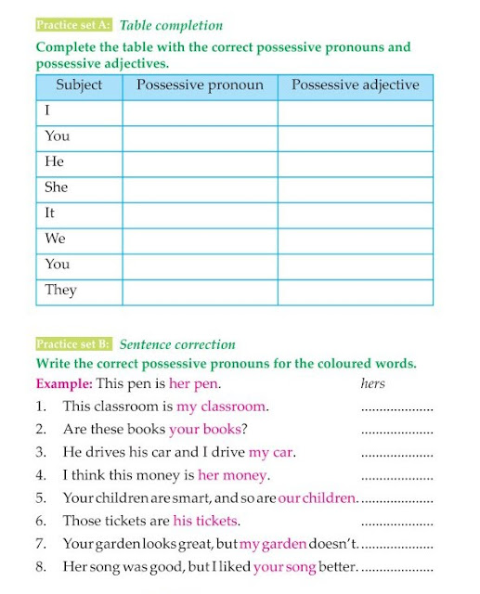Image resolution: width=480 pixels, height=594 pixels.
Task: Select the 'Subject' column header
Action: click(79, 85)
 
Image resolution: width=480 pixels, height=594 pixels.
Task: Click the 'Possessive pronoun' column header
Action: click(200, 85)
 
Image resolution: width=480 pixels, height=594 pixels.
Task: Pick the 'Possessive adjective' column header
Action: click(355, 85)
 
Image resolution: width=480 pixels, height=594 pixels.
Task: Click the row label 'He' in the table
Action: click(54, 161)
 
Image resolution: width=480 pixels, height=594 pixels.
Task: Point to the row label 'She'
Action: click(57, 187)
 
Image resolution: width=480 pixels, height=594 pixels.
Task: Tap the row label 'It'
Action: click(50, 213)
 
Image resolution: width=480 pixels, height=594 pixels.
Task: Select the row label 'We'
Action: click(55, 239)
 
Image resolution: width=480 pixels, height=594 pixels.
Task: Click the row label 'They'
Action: click(60, 290)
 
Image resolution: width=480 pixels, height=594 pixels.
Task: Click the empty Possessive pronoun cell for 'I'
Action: click(200, 110)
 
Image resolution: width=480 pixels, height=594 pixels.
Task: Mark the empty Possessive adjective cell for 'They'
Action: click(355, 291)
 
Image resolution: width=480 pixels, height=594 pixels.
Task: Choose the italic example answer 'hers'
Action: click(372, 382)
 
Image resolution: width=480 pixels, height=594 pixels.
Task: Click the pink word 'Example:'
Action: click(65, 383)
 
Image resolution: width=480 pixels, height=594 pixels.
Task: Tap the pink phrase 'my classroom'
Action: click(221, 407)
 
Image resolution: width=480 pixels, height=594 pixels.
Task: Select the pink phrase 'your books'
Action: click(204, 430)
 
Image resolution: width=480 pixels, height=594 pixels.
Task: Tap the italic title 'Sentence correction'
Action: click(177, 343)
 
